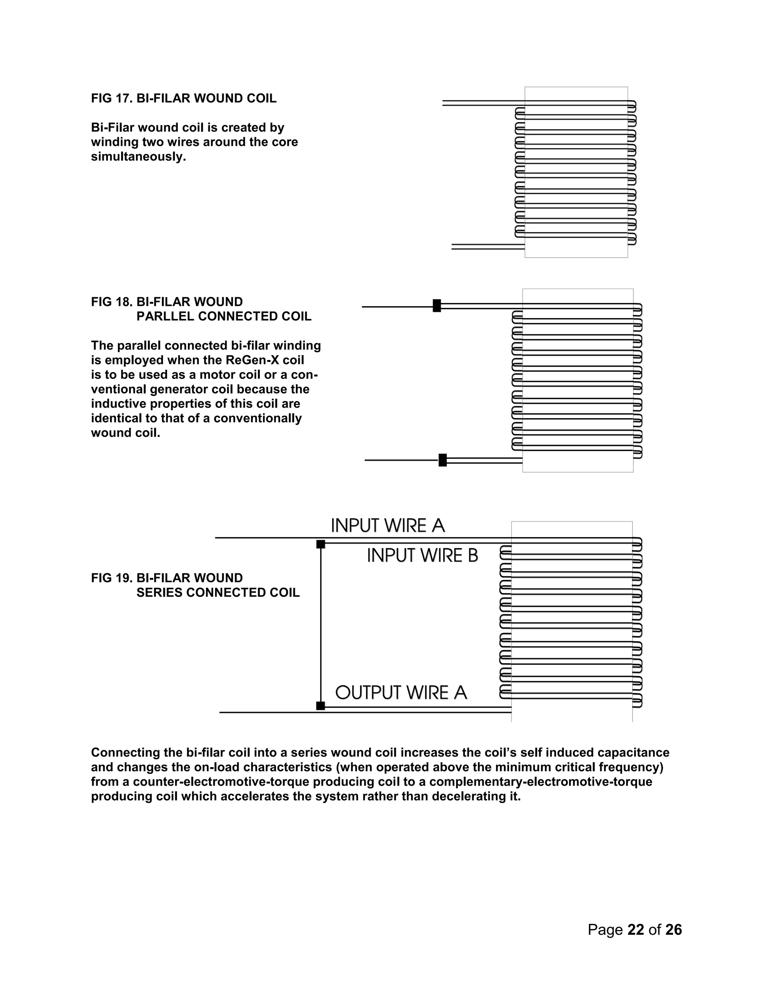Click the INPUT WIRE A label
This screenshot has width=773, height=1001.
coord(387,526)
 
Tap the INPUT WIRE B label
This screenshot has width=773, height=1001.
coord(422,556)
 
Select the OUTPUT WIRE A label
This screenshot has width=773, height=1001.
coord(401,692)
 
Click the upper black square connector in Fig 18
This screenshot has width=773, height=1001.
coord(437,306)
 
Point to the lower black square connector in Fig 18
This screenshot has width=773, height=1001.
coord(442,460)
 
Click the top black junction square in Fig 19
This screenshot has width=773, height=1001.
coord(320,544)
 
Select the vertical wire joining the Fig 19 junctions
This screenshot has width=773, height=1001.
coord(320,623)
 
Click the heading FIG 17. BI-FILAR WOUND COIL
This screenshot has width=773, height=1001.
coord(184,99)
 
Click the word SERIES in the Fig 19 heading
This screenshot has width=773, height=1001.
coord(159,593)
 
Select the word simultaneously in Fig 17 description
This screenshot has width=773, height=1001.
coord(138,157)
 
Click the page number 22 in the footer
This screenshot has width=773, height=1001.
coord(636,930)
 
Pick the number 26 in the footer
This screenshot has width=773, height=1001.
coord(674,930)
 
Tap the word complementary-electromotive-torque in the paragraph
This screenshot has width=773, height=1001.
coord(540,782)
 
